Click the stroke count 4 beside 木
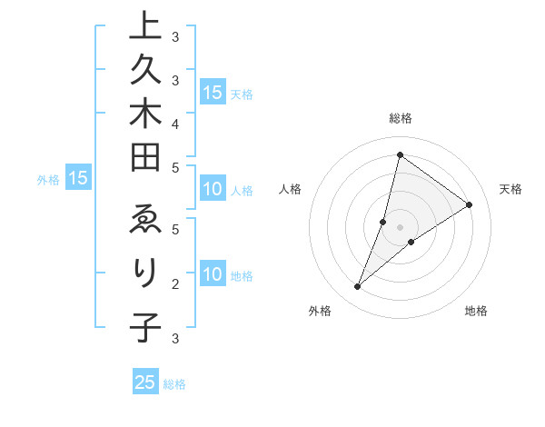pos(175,123)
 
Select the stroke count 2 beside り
pos(175,284)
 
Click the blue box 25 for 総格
pos(145,382)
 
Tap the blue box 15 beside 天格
pos(213,93)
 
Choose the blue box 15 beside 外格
pos(78,179)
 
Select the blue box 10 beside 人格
pos(213,190)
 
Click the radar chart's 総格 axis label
pos(400,118)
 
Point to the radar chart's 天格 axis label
pos(510,189)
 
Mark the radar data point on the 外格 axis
pos(358,287)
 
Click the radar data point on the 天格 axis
pos(470,204)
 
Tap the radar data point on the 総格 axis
pos(400,155)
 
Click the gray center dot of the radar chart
pos(400,227)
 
